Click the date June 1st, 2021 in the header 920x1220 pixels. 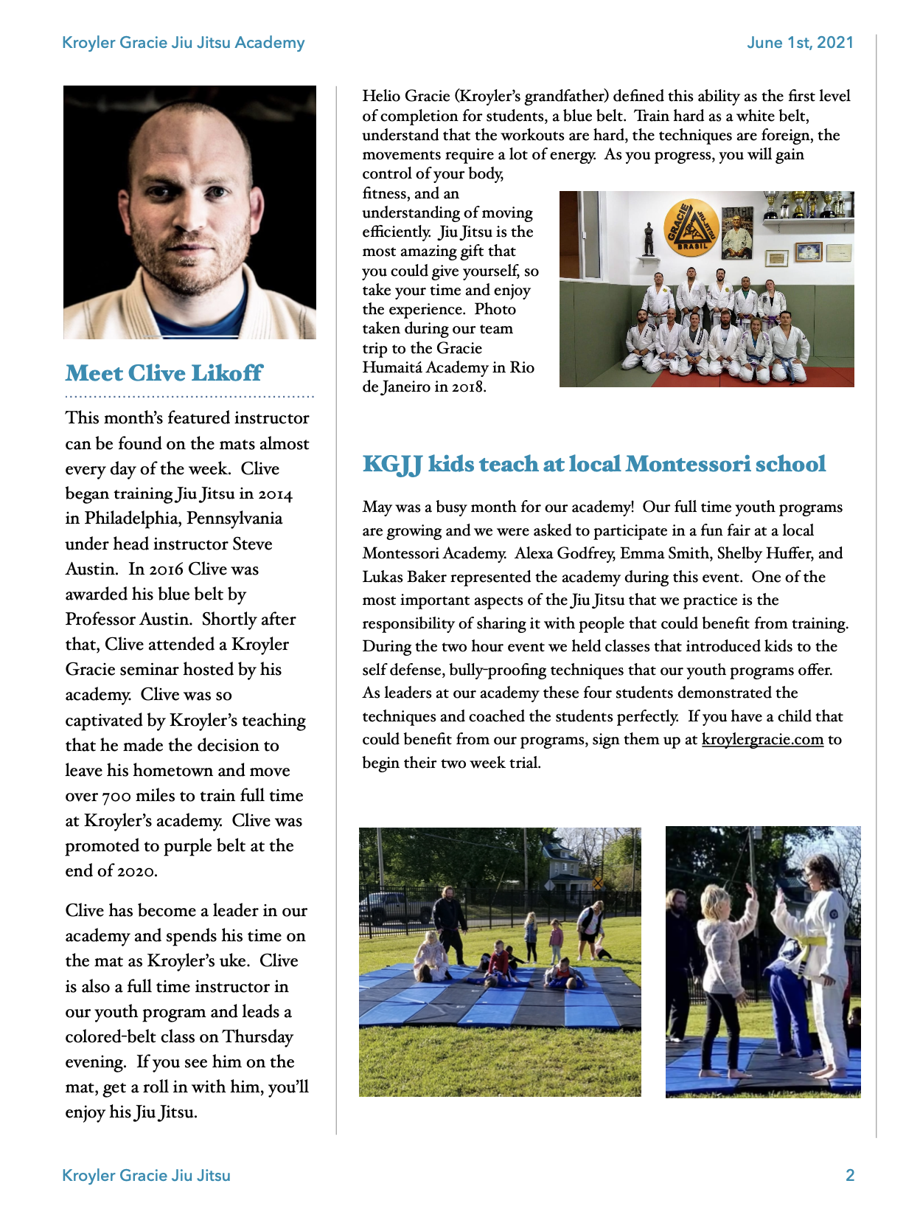tap(800, 43)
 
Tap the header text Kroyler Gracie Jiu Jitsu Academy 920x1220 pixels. tap(183, 43)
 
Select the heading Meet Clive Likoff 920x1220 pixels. tap(164, 373)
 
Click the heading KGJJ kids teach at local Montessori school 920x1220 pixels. tap(593, 464)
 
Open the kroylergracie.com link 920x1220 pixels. tap(762, 740)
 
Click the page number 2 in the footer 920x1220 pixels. tap(849, 1175)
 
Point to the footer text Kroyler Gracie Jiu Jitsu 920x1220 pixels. tap(146, 1175)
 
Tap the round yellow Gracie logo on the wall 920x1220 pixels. tap(691, 227)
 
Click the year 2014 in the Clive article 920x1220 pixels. tap(275, 494)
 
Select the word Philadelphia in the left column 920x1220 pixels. tap(131, 519)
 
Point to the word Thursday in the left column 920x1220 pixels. tap(258, 1037)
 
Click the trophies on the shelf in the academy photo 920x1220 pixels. tap(809, 204)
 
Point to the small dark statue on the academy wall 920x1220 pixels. tap(648, 238)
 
